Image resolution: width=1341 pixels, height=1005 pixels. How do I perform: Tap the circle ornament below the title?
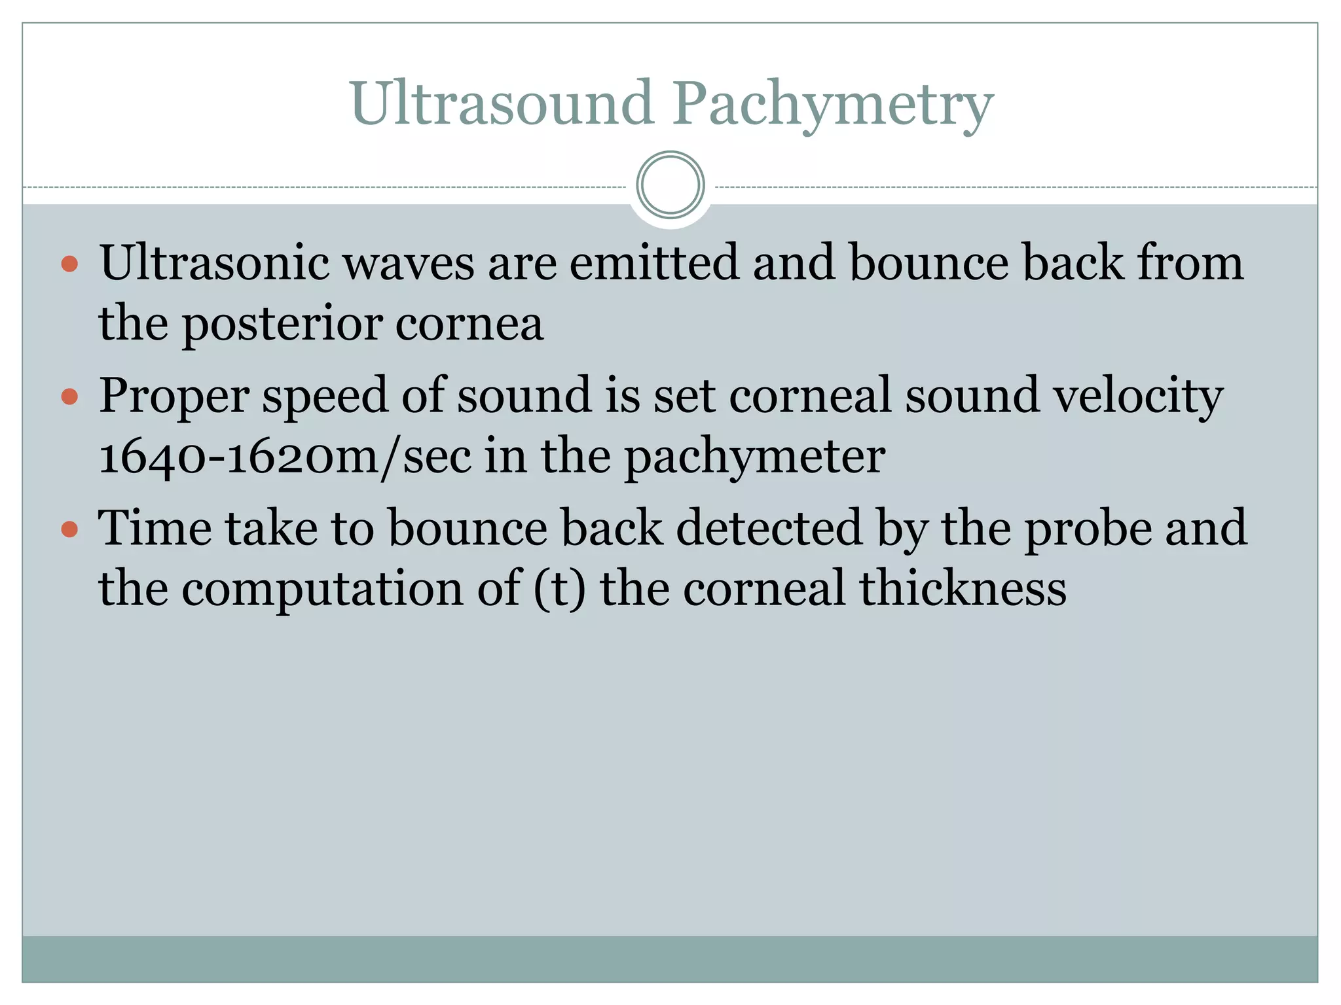point(670,185)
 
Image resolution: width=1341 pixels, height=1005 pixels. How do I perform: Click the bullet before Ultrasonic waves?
point(69,264)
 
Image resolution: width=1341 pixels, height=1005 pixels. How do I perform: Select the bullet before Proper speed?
point(69,397)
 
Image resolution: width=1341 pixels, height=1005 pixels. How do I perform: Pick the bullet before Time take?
point(69,529)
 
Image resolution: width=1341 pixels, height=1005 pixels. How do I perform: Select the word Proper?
point(174,397)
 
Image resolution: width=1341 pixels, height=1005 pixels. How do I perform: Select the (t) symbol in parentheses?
point(560,589)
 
